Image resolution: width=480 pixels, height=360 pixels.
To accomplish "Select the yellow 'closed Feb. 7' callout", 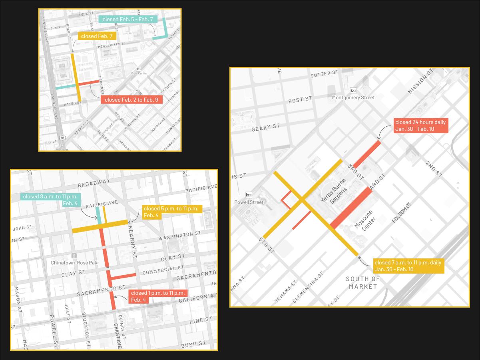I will tap(97, 36).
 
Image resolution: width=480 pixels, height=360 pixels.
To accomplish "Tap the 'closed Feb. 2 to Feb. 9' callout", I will tap(131, 100).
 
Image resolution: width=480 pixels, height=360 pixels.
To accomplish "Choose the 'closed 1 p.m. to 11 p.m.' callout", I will tap(158, 296).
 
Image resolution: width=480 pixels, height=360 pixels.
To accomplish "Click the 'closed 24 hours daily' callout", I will tap(420, 126).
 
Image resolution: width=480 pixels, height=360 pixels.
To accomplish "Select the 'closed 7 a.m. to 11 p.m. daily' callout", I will tap(408, 266).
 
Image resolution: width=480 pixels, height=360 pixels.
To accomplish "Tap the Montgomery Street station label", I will tap(353, 98).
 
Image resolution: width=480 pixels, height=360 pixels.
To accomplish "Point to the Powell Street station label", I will tap(249, 202).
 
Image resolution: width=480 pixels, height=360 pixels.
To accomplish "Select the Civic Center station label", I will tap(139, 73).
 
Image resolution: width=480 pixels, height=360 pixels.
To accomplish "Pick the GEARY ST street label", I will tap(266, 128).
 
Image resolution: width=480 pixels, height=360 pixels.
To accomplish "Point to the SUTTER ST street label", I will tap(324, 74).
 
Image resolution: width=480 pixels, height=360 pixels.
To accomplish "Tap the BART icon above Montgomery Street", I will tap(353, 90).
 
